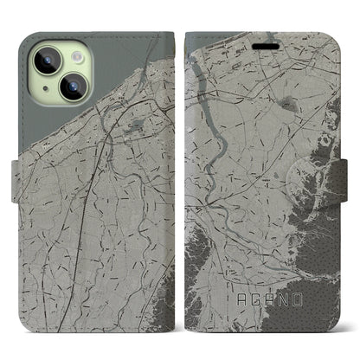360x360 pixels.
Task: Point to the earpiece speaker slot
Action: pyautogui.click(x=259, y=38)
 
